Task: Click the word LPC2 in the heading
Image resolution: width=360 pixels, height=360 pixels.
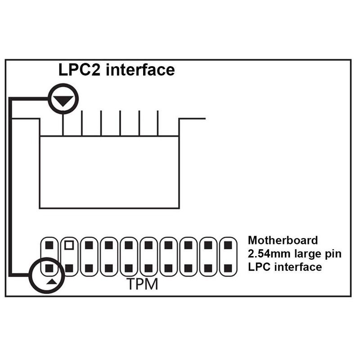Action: (x=80, y=70)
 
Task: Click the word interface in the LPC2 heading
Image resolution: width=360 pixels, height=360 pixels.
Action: (x=140, y=70)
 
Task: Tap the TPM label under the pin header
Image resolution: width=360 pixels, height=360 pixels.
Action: (x=142, y=284)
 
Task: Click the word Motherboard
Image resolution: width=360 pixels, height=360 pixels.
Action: (x=283, y=240)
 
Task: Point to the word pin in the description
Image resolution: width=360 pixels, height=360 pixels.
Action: (x=333, y=254)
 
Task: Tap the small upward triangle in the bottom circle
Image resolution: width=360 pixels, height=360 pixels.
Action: (x=51, y=282)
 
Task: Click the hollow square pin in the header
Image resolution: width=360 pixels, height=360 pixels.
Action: (x=69, y=245)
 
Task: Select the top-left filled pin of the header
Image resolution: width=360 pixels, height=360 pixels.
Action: (x=49, y=245)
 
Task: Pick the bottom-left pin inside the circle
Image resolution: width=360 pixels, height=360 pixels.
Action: (x=49, y=268)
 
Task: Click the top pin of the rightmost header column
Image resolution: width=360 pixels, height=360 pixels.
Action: (x=228, y=245)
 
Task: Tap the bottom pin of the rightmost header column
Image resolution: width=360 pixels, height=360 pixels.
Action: (x=228, y=268)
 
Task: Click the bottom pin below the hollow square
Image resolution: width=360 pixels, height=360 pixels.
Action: (x=69, y=268)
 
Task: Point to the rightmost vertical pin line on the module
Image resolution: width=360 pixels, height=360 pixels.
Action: (x=158, y=123)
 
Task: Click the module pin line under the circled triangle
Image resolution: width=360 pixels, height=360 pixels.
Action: (x=63, y=124)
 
